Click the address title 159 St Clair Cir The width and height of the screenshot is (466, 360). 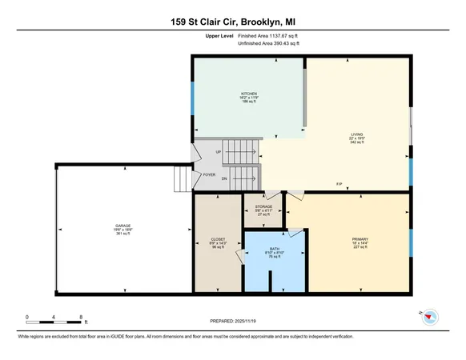point(233,22)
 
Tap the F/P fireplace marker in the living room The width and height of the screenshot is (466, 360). point(339,186)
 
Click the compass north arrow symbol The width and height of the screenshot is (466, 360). point(429,317)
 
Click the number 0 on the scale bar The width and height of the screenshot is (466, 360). point(27,318)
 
